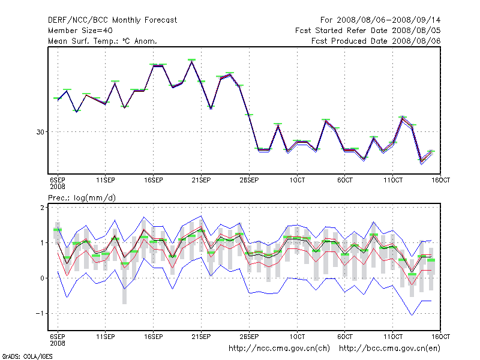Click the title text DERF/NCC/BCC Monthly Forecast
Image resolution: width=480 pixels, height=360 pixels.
[x=112, y=20]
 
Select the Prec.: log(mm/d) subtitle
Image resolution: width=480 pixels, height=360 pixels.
[x=82, y=197]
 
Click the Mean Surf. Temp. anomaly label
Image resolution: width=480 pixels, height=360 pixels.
[x=102, y=41]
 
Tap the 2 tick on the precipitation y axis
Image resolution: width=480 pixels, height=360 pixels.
[x=43, y=208]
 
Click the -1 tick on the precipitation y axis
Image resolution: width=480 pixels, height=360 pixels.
[x=41, y=314]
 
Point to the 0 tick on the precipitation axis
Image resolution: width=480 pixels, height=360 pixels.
[x=43, y=278]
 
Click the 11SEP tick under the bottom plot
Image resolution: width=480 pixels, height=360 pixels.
[x=106, y=335]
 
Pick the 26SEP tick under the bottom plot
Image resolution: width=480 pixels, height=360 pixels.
[x=249, y=335]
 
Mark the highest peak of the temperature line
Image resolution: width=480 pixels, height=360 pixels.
[x=191, y=61]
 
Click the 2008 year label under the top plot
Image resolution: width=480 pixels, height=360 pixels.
[x=57, y=187]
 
